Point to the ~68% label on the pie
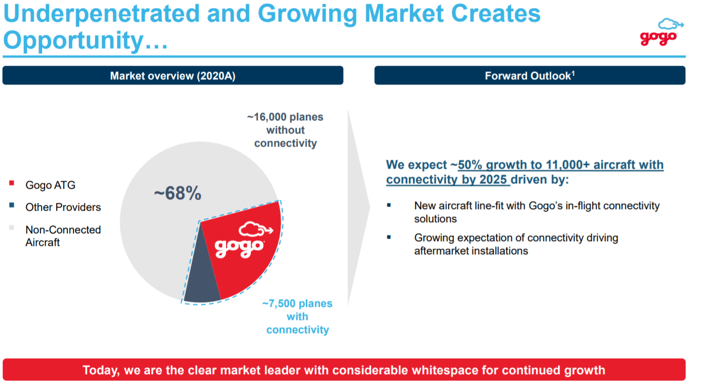(x=178, y=193)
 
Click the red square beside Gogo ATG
(x=12, y=183)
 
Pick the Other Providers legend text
(x=63, y=207)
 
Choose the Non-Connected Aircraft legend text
(x=63, y=236)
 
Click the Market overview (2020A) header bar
(x=173, y=76)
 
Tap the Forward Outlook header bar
(x=530, y=76)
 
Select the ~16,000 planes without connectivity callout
(x=285, y=130)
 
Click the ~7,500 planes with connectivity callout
(x=297, y=317)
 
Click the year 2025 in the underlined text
(x=492, y=179)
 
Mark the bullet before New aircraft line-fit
(x=389, y=205)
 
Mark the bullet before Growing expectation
(x=389, y=237)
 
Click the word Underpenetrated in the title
(x=101, y=13)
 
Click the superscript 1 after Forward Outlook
(x=573, y=74)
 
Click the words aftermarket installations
(x=471, y=251)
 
